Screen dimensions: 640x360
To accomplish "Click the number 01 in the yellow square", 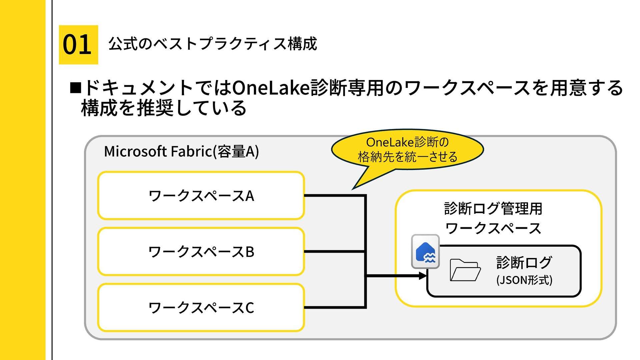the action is click(77, 44).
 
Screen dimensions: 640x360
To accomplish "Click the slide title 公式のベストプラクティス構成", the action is click(213, 44).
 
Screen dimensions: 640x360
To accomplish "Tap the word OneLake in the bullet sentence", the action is click(271, 88).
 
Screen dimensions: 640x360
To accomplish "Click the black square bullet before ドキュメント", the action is click(76, 88).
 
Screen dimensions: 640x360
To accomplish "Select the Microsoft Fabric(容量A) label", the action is click(181, 151).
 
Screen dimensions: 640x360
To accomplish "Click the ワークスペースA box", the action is click(201, 196).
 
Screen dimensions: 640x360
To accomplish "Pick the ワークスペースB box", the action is click(201, 252).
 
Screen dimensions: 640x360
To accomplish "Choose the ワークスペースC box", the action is click(201, 307).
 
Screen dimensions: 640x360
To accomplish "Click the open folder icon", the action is click(465, 270).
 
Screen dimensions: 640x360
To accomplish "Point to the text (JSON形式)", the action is click(524, 280).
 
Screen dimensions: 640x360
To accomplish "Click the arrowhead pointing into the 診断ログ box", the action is click(423, 276).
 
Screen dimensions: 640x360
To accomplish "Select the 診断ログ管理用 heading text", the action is click(493, 209).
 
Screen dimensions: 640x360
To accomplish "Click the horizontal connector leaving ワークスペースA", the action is click(335, 196).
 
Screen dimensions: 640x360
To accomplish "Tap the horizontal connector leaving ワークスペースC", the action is click(335, 307).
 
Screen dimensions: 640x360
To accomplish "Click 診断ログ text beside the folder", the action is click(524, 262).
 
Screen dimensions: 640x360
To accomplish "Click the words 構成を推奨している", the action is click(164, 108).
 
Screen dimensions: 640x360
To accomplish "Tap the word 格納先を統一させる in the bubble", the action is click(407, 157).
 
